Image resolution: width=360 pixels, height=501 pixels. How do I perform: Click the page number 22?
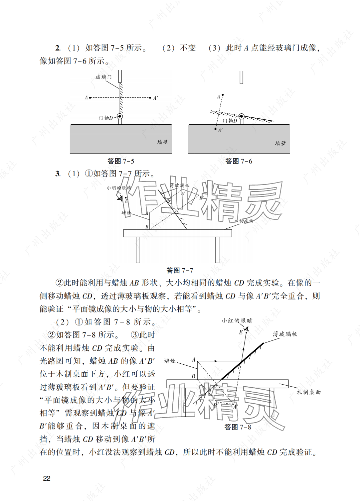(47, 478)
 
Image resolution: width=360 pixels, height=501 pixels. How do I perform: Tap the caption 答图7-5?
(121, 161)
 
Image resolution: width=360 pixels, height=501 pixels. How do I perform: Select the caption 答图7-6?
(239, 161)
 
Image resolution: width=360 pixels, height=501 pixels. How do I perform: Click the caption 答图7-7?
(180, 270)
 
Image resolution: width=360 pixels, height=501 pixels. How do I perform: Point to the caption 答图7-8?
(238, 427)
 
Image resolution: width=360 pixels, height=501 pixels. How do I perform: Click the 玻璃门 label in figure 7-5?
(103, 77)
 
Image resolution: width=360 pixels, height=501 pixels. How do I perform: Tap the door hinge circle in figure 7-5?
(120, 116)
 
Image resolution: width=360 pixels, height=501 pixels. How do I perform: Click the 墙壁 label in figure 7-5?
(162, 142)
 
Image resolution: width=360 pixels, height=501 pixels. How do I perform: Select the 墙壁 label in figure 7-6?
(280, 143)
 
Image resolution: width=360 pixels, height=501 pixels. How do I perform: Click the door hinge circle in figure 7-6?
(242, 116)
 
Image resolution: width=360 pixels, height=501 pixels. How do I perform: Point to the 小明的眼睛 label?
(119, 188)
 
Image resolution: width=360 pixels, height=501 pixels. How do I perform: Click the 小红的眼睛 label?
(237, 320)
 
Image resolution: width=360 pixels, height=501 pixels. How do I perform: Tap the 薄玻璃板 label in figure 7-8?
(285, 334)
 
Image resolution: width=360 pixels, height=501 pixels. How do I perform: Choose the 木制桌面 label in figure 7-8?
(308, 392)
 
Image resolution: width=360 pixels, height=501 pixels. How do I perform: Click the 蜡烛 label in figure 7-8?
(169, 361)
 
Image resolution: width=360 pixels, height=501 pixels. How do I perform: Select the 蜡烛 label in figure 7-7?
(126, 212)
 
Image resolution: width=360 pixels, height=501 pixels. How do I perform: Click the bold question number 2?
(58, 48)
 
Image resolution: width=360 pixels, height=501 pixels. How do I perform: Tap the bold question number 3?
(58, 174)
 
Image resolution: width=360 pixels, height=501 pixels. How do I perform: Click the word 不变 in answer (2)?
(188, 48)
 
